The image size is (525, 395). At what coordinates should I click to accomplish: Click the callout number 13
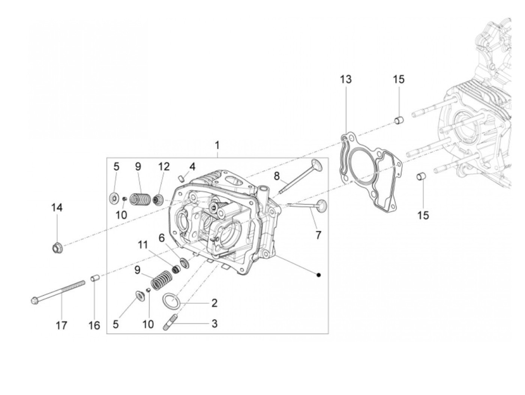tap(346, 80)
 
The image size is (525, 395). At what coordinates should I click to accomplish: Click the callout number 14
tap(57, 208)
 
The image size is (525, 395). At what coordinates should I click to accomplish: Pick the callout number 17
tap(61, 325)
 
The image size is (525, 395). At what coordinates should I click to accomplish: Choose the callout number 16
tap(94, 325)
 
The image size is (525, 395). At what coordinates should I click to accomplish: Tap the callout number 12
tap(164, 167)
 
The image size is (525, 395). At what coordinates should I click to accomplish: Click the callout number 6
tap(162, 238)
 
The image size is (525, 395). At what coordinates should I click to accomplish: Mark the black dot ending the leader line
tap(318, 275)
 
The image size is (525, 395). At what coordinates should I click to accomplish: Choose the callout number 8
tap(277, 175)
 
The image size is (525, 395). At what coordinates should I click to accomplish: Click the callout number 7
tap(318, 235)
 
